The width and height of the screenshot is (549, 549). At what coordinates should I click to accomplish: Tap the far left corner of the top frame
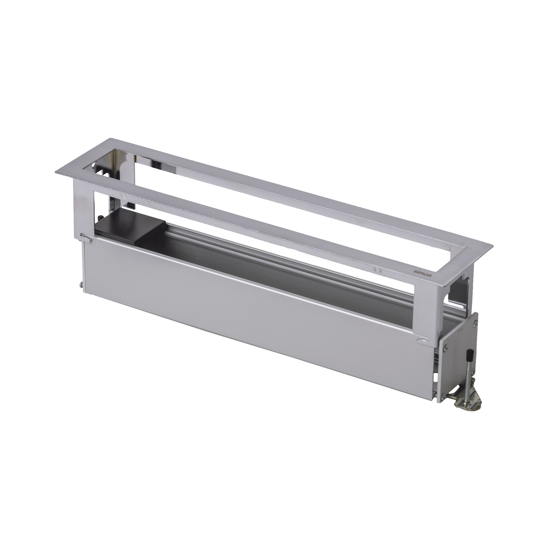57,174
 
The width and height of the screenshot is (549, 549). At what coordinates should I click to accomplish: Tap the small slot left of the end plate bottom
436,376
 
